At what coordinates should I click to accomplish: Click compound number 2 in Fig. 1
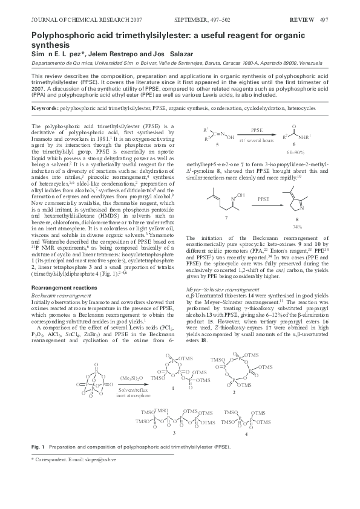click(234, 393)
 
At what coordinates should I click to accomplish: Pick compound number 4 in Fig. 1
click(246, 434)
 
